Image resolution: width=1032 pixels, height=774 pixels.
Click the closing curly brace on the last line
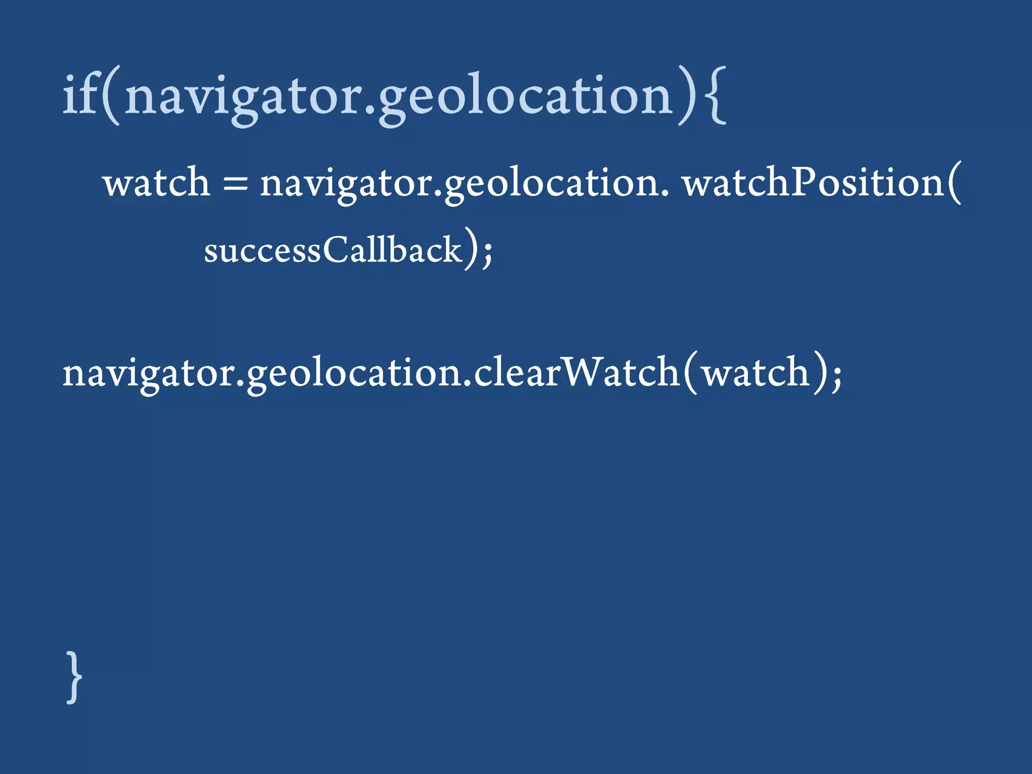coord(74,677)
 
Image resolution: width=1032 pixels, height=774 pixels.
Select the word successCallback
coord(333,250)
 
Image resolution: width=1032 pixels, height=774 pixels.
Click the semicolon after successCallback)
coord(487,252)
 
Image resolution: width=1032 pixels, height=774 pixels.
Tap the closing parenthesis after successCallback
coord(470,249)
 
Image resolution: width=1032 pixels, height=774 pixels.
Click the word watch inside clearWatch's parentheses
coord(756,373)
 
